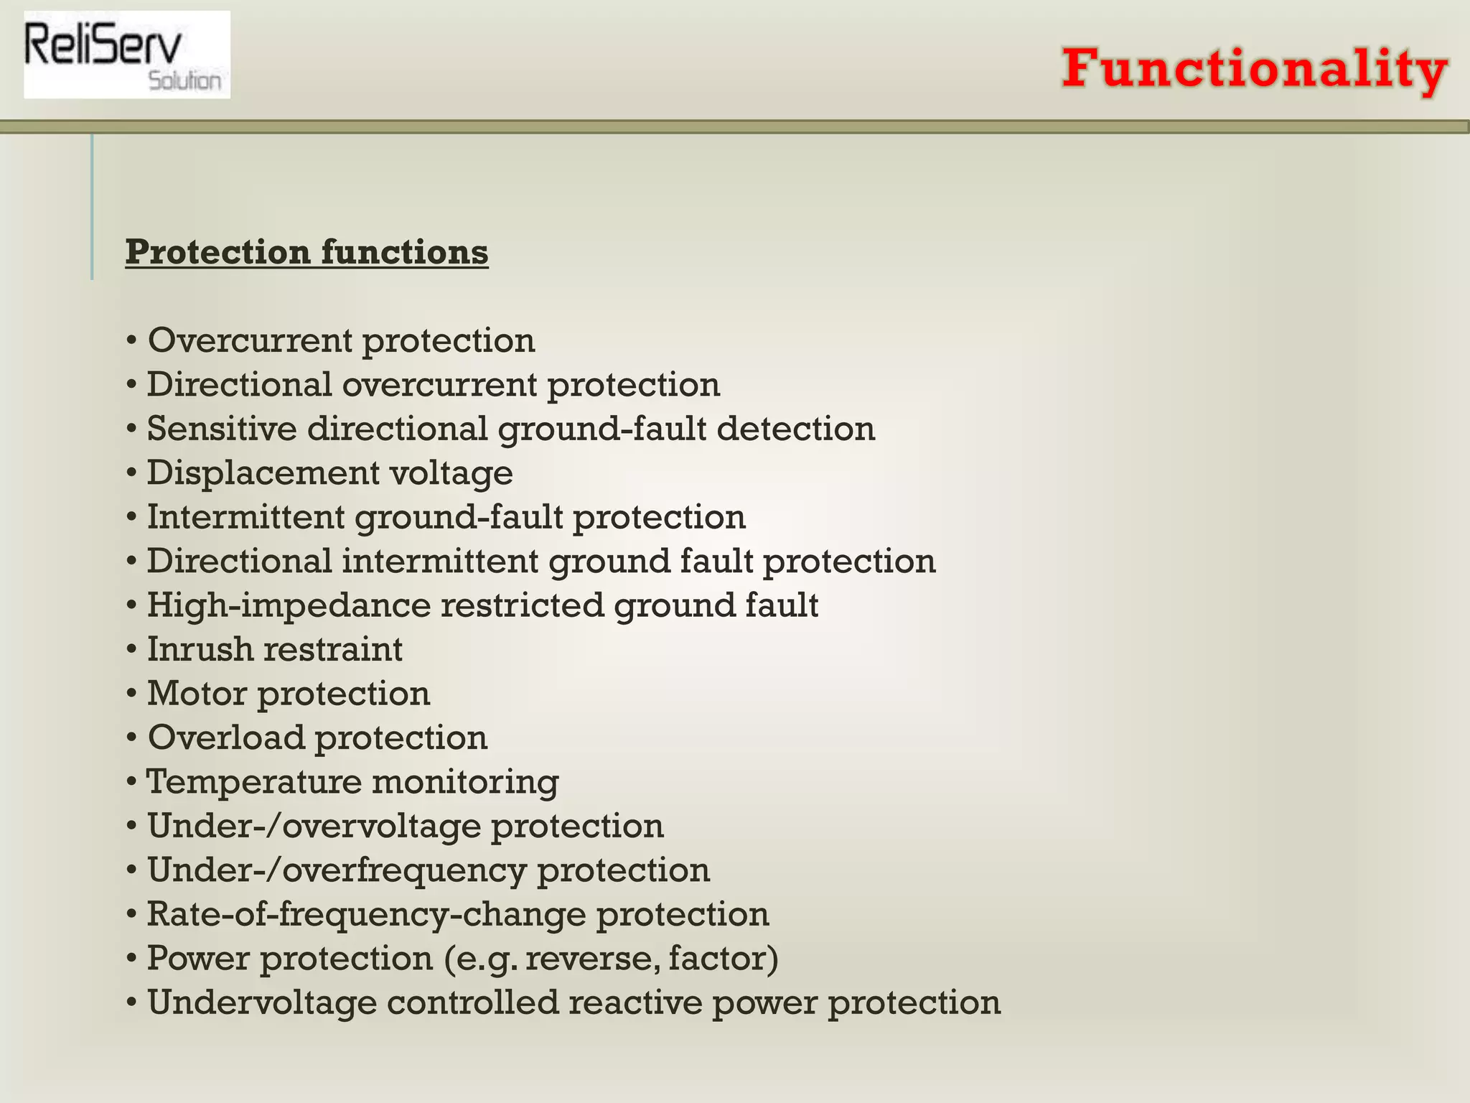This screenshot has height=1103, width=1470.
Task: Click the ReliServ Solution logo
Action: pos(127,55)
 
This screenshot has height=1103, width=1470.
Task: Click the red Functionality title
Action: pos(1255,70)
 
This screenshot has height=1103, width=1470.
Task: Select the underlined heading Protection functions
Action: pos(307,252)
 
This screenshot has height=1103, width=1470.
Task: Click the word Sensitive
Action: pos(222,429)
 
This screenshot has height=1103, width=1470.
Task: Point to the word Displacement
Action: pos(263,473)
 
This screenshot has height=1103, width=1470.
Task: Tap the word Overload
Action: pos(226,738)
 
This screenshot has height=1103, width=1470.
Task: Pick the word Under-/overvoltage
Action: pos(314,827)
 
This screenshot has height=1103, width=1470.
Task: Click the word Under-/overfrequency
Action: pos(337,870)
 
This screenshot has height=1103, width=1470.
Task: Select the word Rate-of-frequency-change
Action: pos(367,915)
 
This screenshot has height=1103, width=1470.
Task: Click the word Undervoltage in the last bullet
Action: pos(262,1003)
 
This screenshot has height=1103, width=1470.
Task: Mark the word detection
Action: pos(796,429)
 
